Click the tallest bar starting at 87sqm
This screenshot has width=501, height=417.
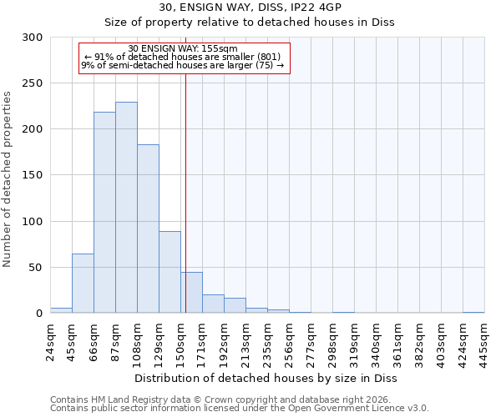click(x=126, y=208)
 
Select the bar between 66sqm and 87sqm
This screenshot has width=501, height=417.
click(x=104, y=213)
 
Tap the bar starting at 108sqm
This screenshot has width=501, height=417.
click(x=148, y=229)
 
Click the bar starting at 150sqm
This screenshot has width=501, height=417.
click(x=191, y=293)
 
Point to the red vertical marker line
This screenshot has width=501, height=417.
click(x=185, y=192)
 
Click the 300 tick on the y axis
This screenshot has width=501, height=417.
click(x=33, y=38)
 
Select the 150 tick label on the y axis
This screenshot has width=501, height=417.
click(x=33, y=176)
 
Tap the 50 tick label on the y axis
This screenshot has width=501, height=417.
click(x=36, y=268)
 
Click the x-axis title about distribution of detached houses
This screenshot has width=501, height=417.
click(x=266, y=379)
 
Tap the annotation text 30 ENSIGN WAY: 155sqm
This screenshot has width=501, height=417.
click(x=184, y=49)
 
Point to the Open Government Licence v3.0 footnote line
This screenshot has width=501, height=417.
click(x=240, y=409)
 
